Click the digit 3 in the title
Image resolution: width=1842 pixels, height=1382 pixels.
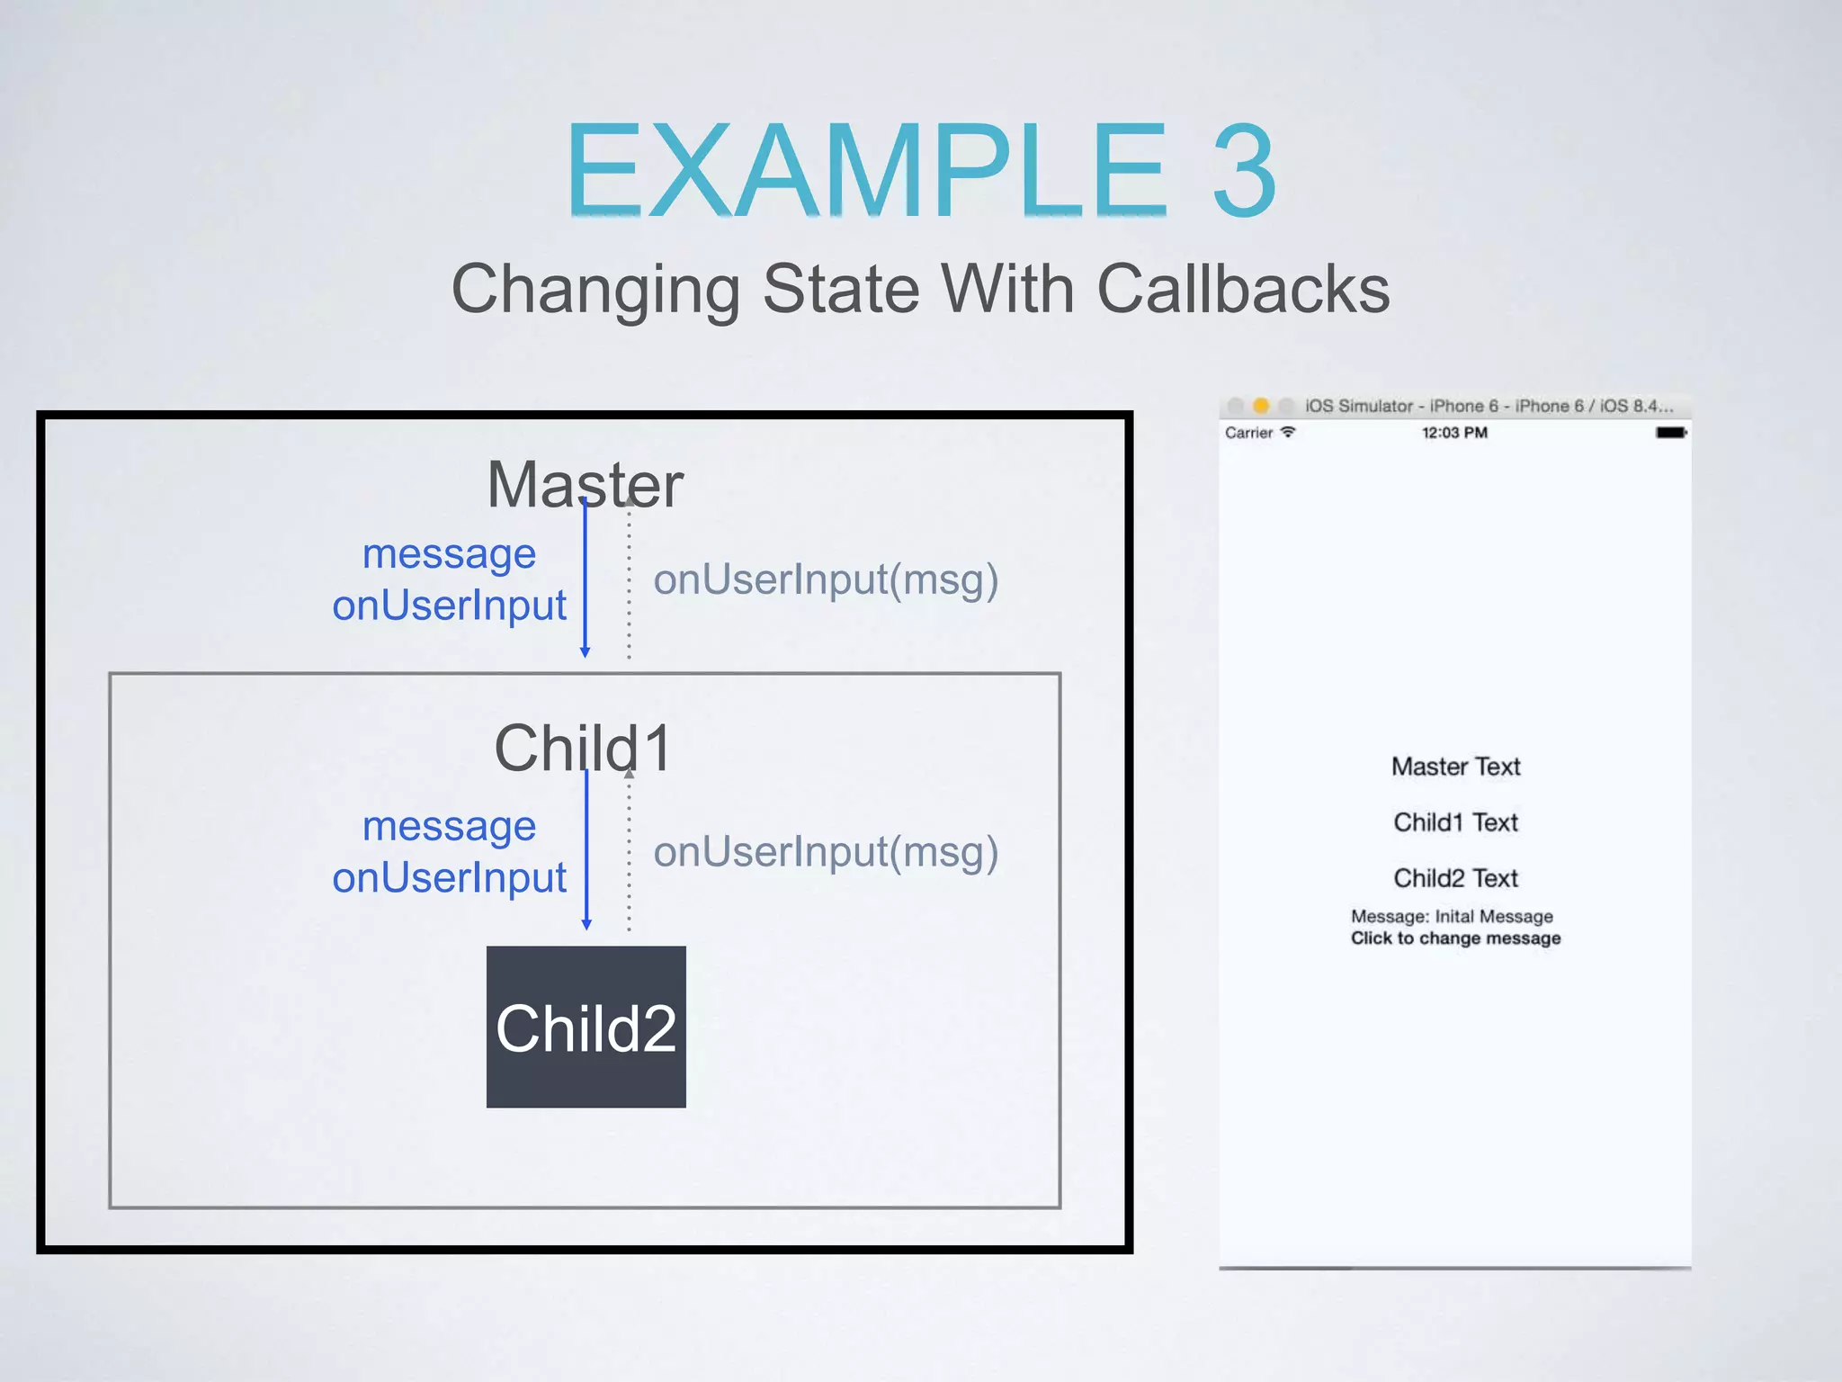(1244, 171)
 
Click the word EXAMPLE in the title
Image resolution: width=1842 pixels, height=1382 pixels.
(865, 171)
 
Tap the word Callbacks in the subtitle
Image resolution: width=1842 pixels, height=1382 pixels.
(1243, 289)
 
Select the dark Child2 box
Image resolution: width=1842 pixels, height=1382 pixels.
(586, 1027)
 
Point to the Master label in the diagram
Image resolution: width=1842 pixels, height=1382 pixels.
(585, 484)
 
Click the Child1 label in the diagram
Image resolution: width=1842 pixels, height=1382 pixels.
(583, 748)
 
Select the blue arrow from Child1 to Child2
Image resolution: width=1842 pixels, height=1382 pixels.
(586, 850)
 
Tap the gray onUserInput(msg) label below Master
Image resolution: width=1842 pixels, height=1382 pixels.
(826, 579)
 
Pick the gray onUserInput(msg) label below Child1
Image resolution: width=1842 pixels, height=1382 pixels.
(826, 852)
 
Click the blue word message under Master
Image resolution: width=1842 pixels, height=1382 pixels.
(449, 553)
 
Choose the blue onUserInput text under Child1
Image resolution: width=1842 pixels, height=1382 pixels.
(449, 877)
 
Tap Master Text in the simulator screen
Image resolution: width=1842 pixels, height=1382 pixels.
(1455, 767)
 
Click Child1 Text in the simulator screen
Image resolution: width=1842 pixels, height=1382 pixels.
(1455, 822)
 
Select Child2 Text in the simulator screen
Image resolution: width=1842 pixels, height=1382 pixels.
(1455, 878)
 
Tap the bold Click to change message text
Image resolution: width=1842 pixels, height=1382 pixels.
(1455, 938)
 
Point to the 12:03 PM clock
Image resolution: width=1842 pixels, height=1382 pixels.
(1454, 433)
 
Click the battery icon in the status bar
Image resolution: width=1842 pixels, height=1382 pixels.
(1671, 433)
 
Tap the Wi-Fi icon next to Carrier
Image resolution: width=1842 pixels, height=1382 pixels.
(1288, 432)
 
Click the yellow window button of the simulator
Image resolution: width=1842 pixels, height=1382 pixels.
(1261, 406)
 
